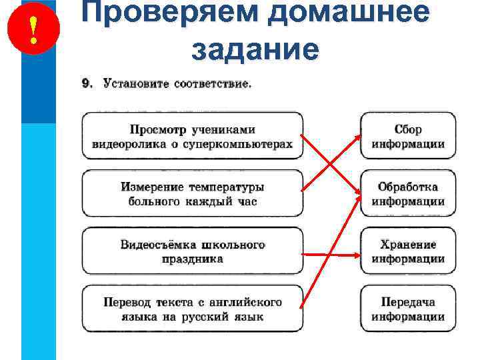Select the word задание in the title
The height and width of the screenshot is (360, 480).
255,49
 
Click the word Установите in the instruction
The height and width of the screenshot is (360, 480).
135,84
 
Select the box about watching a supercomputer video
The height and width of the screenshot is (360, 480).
192,136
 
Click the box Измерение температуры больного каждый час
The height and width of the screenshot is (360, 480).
192,193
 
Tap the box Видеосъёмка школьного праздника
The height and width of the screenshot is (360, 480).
192,251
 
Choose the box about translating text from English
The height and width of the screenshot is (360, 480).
192,308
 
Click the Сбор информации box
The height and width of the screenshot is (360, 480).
408,136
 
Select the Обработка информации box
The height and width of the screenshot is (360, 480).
408,193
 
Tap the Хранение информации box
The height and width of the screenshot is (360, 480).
408,251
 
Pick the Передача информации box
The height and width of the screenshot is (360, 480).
408,308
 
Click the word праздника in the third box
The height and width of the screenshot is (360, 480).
192,259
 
